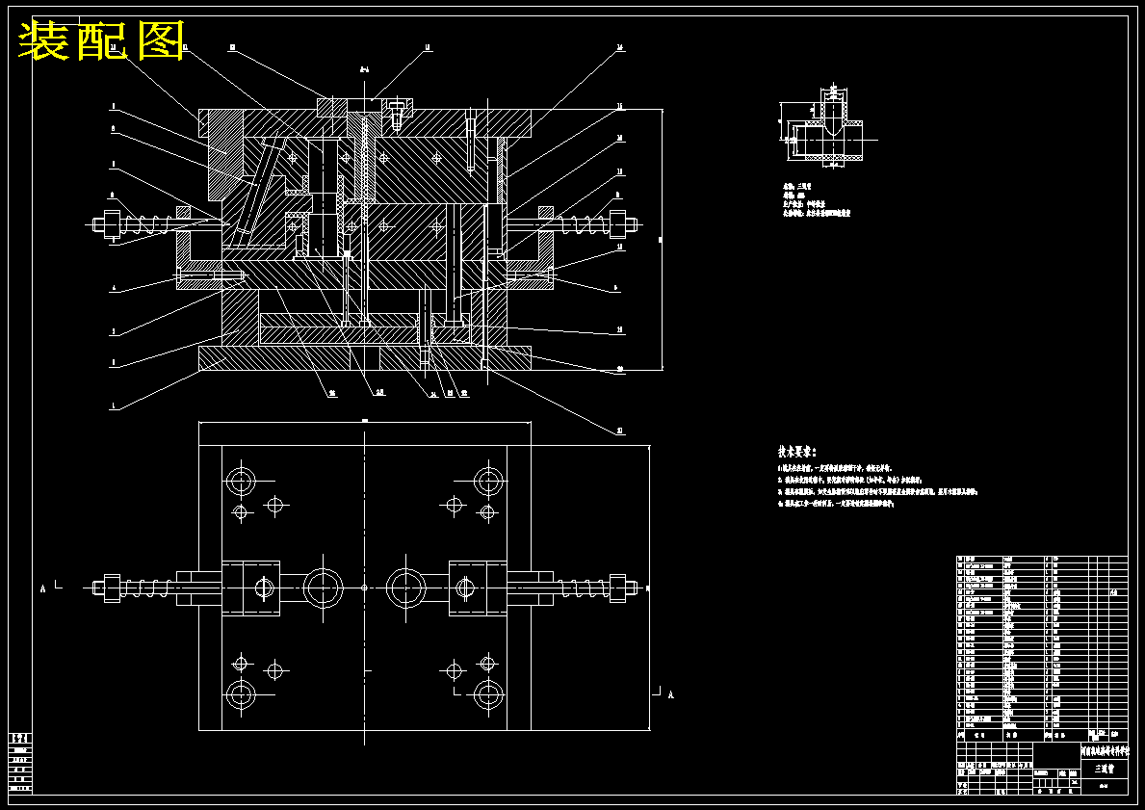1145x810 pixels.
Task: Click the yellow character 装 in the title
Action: pyautogui.click(x=44, y=41)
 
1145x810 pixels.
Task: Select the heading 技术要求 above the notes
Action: pyautogui.click(x=796, y=451)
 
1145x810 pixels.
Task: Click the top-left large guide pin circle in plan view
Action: pyautogui.click(x=240, y=480)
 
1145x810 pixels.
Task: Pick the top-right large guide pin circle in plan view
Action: pyautogui.click(x=489, y=480)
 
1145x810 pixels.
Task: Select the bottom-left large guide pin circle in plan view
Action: pyautogui.click(x=240, y=693)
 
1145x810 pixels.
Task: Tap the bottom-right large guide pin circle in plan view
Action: pyautogui.click(x=489, y=693)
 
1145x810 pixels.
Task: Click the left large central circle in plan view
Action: pyautogui.click(x=323, y=587)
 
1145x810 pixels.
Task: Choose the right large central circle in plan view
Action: pyautogui.click(x=406, y=587)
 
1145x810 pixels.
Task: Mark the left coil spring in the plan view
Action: pyautogui.click(x=144, y=587)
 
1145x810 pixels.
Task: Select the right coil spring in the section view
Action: pyautogui.click(x=578, y=225)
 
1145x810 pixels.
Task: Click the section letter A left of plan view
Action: pyautogui.click(x=42, y=587)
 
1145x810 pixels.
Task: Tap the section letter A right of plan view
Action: pyautogui.click(x=670, y=694)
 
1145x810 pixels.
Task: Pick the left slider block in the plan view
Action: pyautogui.click(x=251, y=587)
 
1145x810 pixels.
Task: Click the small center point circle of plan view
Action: pyautogui.click(x=364, y=587)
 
